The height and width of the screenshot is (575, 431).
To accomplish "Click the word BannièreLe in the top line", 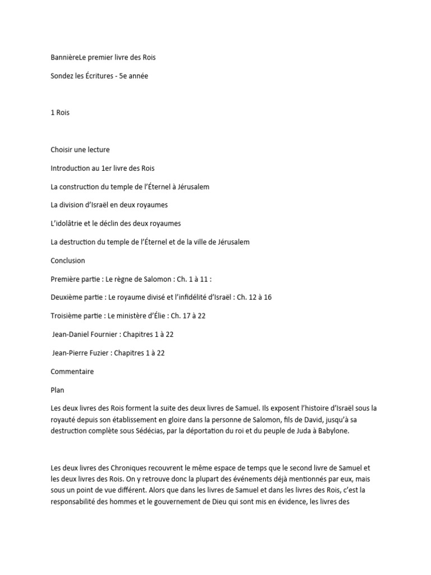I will tap(69, 57).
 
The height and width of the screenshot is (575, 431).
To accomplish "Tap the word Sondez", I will tap(62, 76).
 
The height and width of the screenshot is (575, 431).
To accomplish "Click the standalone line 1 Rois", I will tap(60, 112).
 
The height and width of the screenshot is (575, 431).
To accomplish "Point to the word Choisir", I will tap(63, 149).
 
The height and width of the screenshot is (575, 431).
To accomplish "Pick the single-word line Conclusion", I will tap(68, 261).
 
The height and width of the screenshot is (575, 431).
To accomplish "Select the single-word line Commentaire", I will tap(72, 371).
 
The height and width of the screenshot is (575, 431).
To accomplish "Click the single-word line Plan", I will tap(58, 390).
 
